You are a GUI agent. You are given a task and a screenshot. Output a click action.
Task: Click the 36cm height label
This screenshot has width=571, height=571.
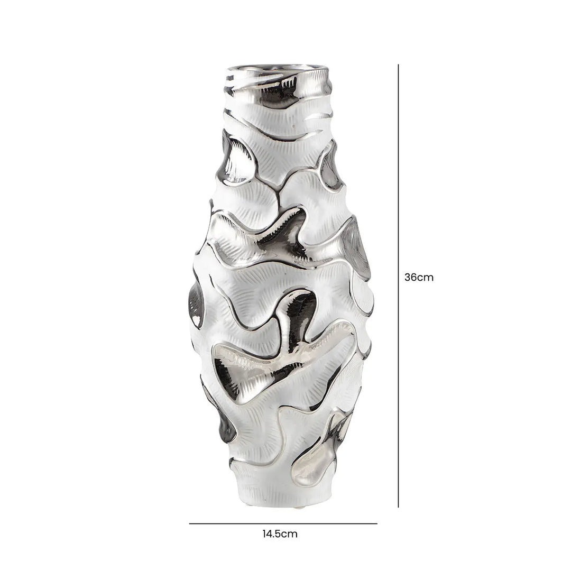pyautogui.click(x=419, y=277)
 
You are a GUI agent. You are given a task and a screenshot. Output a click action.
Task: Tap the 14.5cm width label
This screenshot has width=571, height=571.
pyautogui.click(x=280, y=533)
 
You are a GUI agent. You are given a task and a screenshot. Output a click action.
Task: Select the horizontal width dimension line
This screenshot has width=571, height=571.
pyautogui.click(x=283, y=523)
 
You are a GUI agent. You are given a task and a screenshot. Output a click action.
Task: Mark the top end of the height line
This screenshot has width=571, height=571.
pyautogui.click(x=398, y=65)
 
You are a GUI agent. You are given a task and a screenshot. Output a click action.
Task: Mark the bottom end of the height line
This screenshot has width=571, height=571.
pyautogui.click(x=398, y=507)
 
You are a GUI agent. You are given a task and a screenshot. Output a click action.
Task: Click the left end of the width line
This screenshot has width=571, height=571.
pyautogui.click(x=190, y=523)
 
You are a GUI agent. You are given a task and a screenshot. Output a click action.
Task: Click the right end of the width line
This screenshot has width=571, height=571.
pyautogui.click(x=377, y=523)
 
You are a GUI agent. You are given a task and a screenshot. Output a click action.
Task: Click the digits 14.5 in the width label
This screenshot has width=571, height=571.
pyautogui.click(x=273, y=533)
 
